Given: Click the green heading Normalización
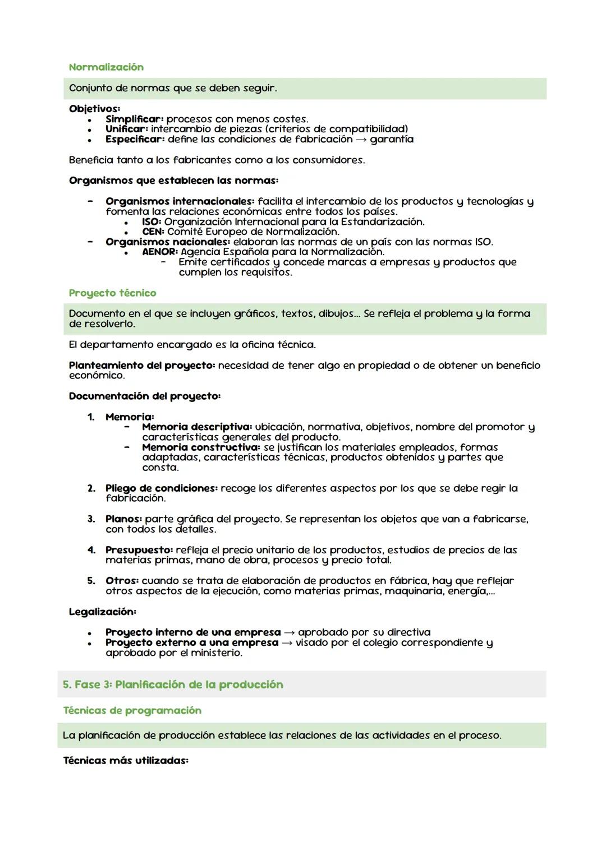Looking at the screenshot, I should [106, 67].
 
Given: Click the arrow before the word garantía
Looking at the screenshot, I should [361, 140].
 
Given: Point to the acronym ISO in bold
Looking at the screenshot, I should [151, 222].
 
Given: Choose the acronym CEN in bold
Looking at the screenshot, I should [153, 232].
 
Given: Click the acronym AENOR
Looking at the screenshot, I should [159, 252].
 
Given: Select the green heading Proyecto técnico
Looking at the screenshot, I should [112, 293].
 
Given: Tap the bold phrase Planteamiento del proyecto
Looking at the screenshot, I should [141, 366].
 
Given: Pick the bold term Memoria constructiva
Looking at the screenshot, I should [201, 447].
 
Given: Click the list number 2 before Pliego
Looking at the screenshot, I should [91, 488].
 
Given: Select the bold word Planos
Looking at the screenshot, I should [123, 519].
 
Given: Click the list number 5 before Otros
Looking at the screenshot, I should [91, 581].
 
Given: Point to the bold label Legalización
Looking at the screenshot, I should [102, 612].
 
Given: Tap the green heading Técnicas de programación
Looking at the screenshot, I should [132, 711].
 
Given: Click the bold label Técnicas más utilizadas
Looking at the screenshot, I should [126, 761].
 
